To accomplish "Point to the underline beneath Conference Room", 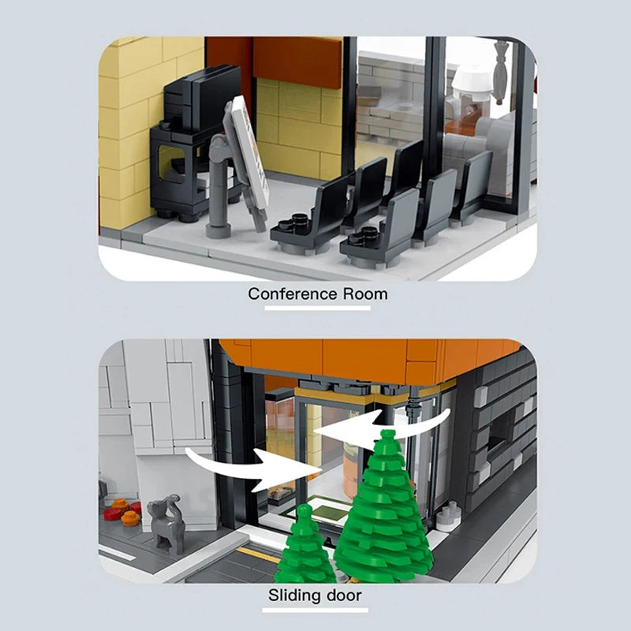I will tap(317, 308).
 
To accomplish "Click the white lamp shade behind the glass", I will tap(472, 79).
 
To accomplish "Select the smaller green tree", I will tap(304, 548).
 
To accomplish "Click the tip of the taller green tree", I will tap(386, 435).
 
